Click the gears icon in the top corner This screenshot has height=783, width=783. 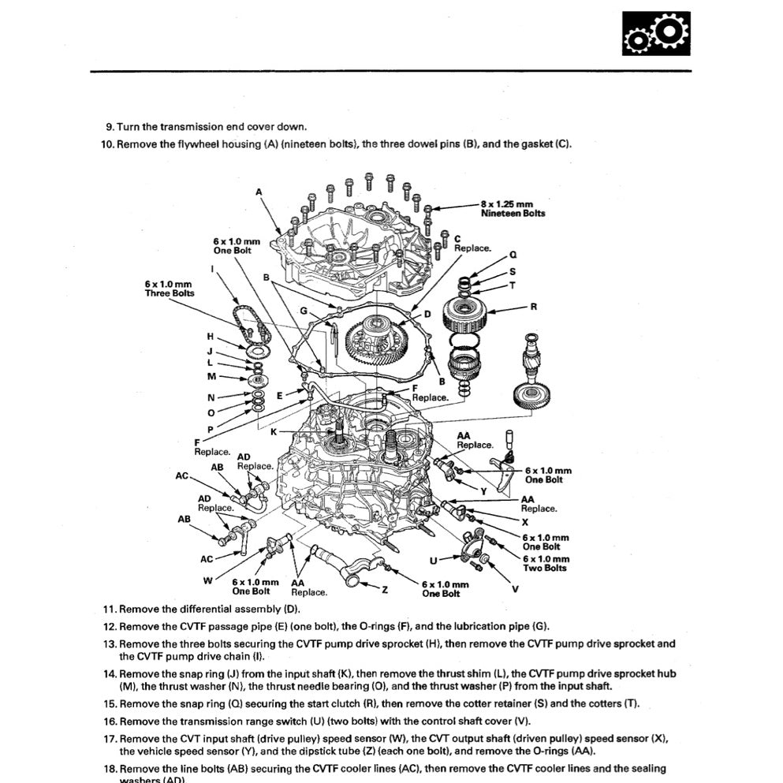[655, 34]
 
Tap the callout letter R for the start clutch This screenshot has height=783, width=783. [534, 307]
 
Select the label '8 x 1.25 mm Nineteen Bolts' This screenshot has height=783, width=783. [513, 208]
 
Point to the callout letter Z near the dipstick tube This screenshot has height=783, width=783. [385, 589]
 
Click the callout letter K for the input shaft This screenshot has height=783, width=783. [274, 432]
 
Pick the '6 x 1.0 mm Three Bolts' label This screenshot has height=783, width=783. [169, 288]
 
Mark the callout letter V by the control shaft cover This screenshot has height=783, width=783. [515, 588]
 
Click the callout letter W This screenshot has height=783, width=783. [207, 580]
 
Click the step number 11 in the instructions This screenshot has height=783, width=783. [110, 610]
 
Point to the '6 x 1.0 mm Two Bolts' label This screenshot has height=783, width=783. [544, 563]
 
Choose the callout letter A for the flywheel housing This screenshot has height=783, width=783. [259, 192]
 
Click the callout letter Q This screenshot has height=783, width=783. [513, 255]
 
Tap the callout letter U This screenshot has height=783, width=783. [433, 560]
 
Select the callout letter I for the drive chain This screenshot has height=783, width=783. [213, 269]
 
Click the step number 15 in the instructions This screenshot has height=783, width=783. [110, 703]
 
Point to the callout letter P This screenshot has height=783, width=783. [210, 429]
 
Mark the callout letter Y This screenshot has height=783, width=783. [483, 490]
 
